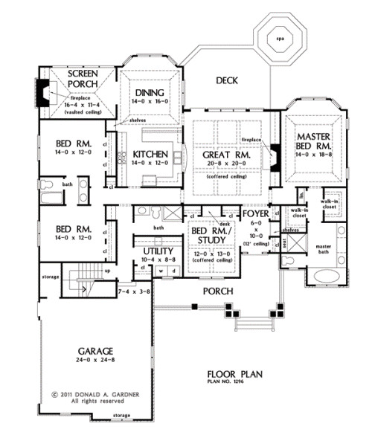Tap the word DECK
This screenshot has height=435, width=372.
[x=227, y=80]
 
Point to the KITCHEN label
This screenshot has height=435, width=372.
[x=150, y=155]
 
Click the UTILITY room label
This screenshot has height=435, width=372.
[x=157, y=253]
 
